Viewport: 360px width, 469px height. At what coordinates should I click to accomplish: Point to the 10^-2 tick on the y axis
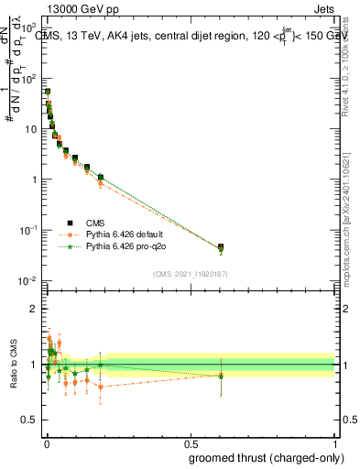32,281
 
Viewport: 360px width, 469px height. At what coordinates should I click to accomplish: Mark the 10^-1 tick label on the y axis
32,230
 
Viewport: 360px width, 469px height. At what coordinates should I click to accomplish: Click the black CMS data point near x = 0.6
221,247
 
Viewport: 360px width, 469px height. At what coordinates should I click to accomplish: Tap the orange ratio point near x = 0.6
221,376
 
